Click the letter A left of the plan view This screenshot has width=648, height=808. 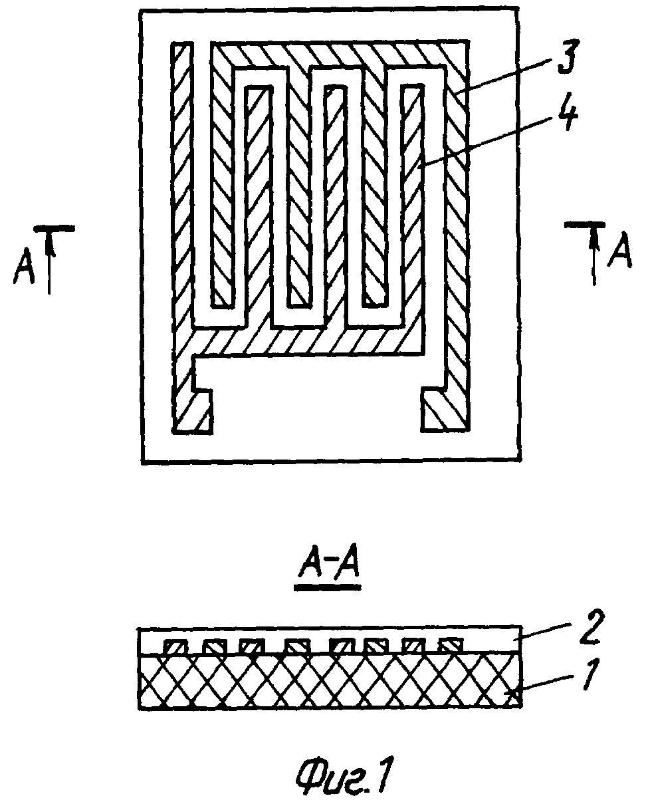point(24,265)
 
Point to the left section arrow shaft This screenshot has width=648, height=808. point(49,261)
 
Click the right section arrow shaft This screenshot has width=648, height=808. point(594,255)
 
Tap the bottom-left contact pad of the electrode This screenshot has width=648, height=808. point(192,412)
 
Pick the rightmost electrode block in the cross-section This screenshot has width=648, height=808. point(451,644)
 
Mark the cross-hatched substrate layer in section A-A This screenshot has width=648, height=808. point(330,680)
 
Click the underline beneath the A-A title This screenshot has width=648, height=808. point(327,587)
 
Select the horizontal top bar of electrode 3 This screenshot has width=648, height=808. point(340,54)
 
